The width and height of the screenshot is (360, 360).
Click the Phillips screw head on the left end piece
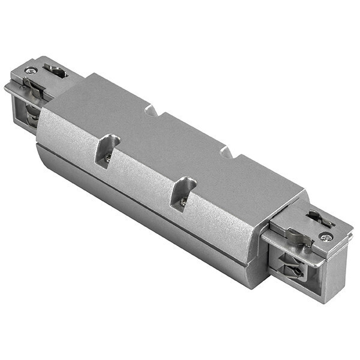(x=29, y=70)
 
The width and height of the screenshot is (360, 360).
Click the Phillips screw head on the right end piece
(x=326, y=237)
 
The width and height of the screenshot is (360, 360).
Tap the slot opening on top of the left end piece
(x=56, y=71)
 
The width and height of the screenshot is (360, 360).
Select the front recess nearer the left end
(x=107, y=150)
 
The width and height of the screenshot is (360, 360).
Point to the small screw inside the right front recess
(x=182, y=202)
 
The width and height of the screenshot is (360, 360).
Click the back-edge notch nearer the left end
(x=152, y=110)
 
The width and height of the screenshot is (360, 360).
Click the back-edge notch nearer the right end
(x=227, y=152)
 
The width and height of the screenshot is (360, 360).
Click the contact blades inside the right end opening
(x=292, y=268)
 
